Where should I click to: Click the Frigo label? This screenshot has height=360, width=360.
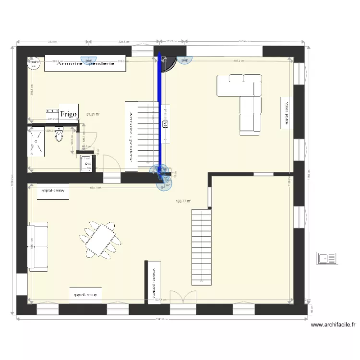[x=69, y=114]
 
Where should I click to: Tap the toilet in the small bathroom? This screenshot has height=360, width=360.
[x=59, y=135]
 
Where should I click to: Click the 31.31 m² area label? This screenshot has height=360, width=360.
[x=93, y=114]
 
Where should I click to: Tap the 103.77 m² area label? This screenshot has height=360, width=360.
[x=183, y=201]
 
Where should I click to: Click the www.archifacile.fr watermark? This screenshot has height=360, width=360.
[x=333, y=325]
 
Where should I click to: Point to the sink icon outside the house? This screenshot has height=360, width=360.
[x=327, y=258]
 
